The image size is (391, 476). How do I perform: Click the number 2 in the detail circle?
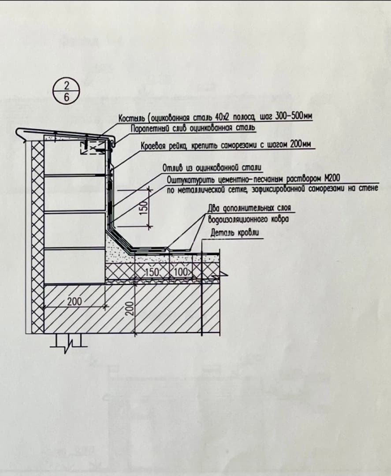coord(67,86)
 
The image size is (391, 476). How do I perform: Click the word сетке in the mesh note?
coord(235,190)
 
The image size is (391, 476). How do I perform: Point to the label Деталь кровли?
coord(235,233)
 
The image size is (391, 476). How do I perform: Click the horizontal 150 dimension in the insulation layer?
coord(152,272)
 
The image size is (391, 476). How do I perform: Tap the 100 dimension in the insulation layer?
coord(181,272)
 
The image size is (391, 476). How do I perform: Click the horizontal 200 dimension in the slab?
coord(74,301)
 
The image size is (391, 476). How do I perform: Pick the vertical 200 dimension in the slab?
coord(129,308)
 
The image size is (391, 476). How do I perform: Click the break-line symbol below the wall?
coord(69,343)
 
